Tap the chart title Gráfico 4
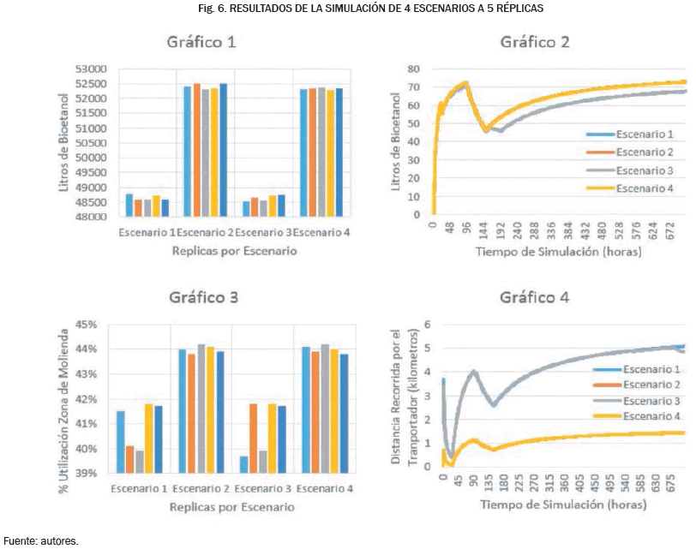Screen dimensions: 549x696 tap(535, 297)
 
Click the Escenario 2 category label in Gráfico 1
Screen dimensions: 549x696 tap(206, 233)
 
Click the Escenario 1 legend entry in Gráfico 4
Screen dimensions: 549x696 tap(652, 368)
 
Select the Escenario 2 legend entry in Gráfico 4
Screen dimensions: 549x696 tap(652, 385)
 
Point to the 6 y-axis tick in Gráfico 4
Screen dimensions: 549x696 tap(425, 325)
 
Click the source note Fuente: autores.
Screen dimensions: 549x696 tap(41, 540)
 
